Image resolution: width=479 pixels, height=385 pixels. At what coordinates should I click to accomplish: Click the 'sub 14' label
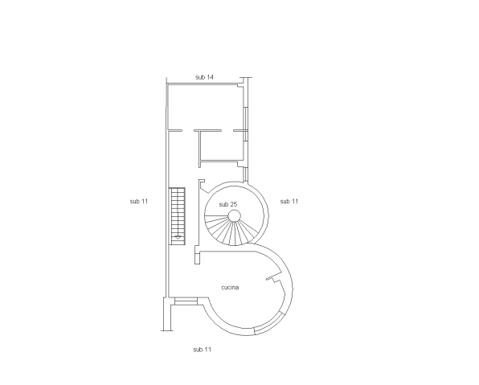point(204,77)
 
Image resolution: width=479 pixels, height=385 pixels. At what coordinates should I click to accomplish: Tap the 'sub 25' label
point(228,204)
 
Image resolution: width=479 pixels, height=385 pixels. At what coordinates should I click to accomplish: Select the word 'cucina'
point(230,287)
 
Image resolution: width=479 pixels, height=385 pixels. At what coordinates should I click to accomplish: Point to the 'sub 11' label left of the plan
point(139,201)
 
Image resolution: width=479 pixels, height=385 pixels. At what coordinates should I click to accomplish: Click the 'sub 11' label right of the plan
point(289,201)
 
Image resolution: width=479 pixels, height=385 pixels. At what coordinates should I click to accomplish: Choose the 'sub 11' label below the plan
point(202,350)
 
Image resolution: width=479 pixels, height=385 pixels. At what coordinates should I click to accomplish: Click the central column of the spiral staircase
point(235,215)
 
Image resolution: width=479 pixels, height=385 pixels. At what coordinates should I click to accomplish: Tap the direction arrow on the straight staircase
point(178,237)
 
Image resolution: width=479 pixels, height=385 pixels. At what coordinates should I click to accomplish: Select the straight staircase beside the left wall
point(177,216)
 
